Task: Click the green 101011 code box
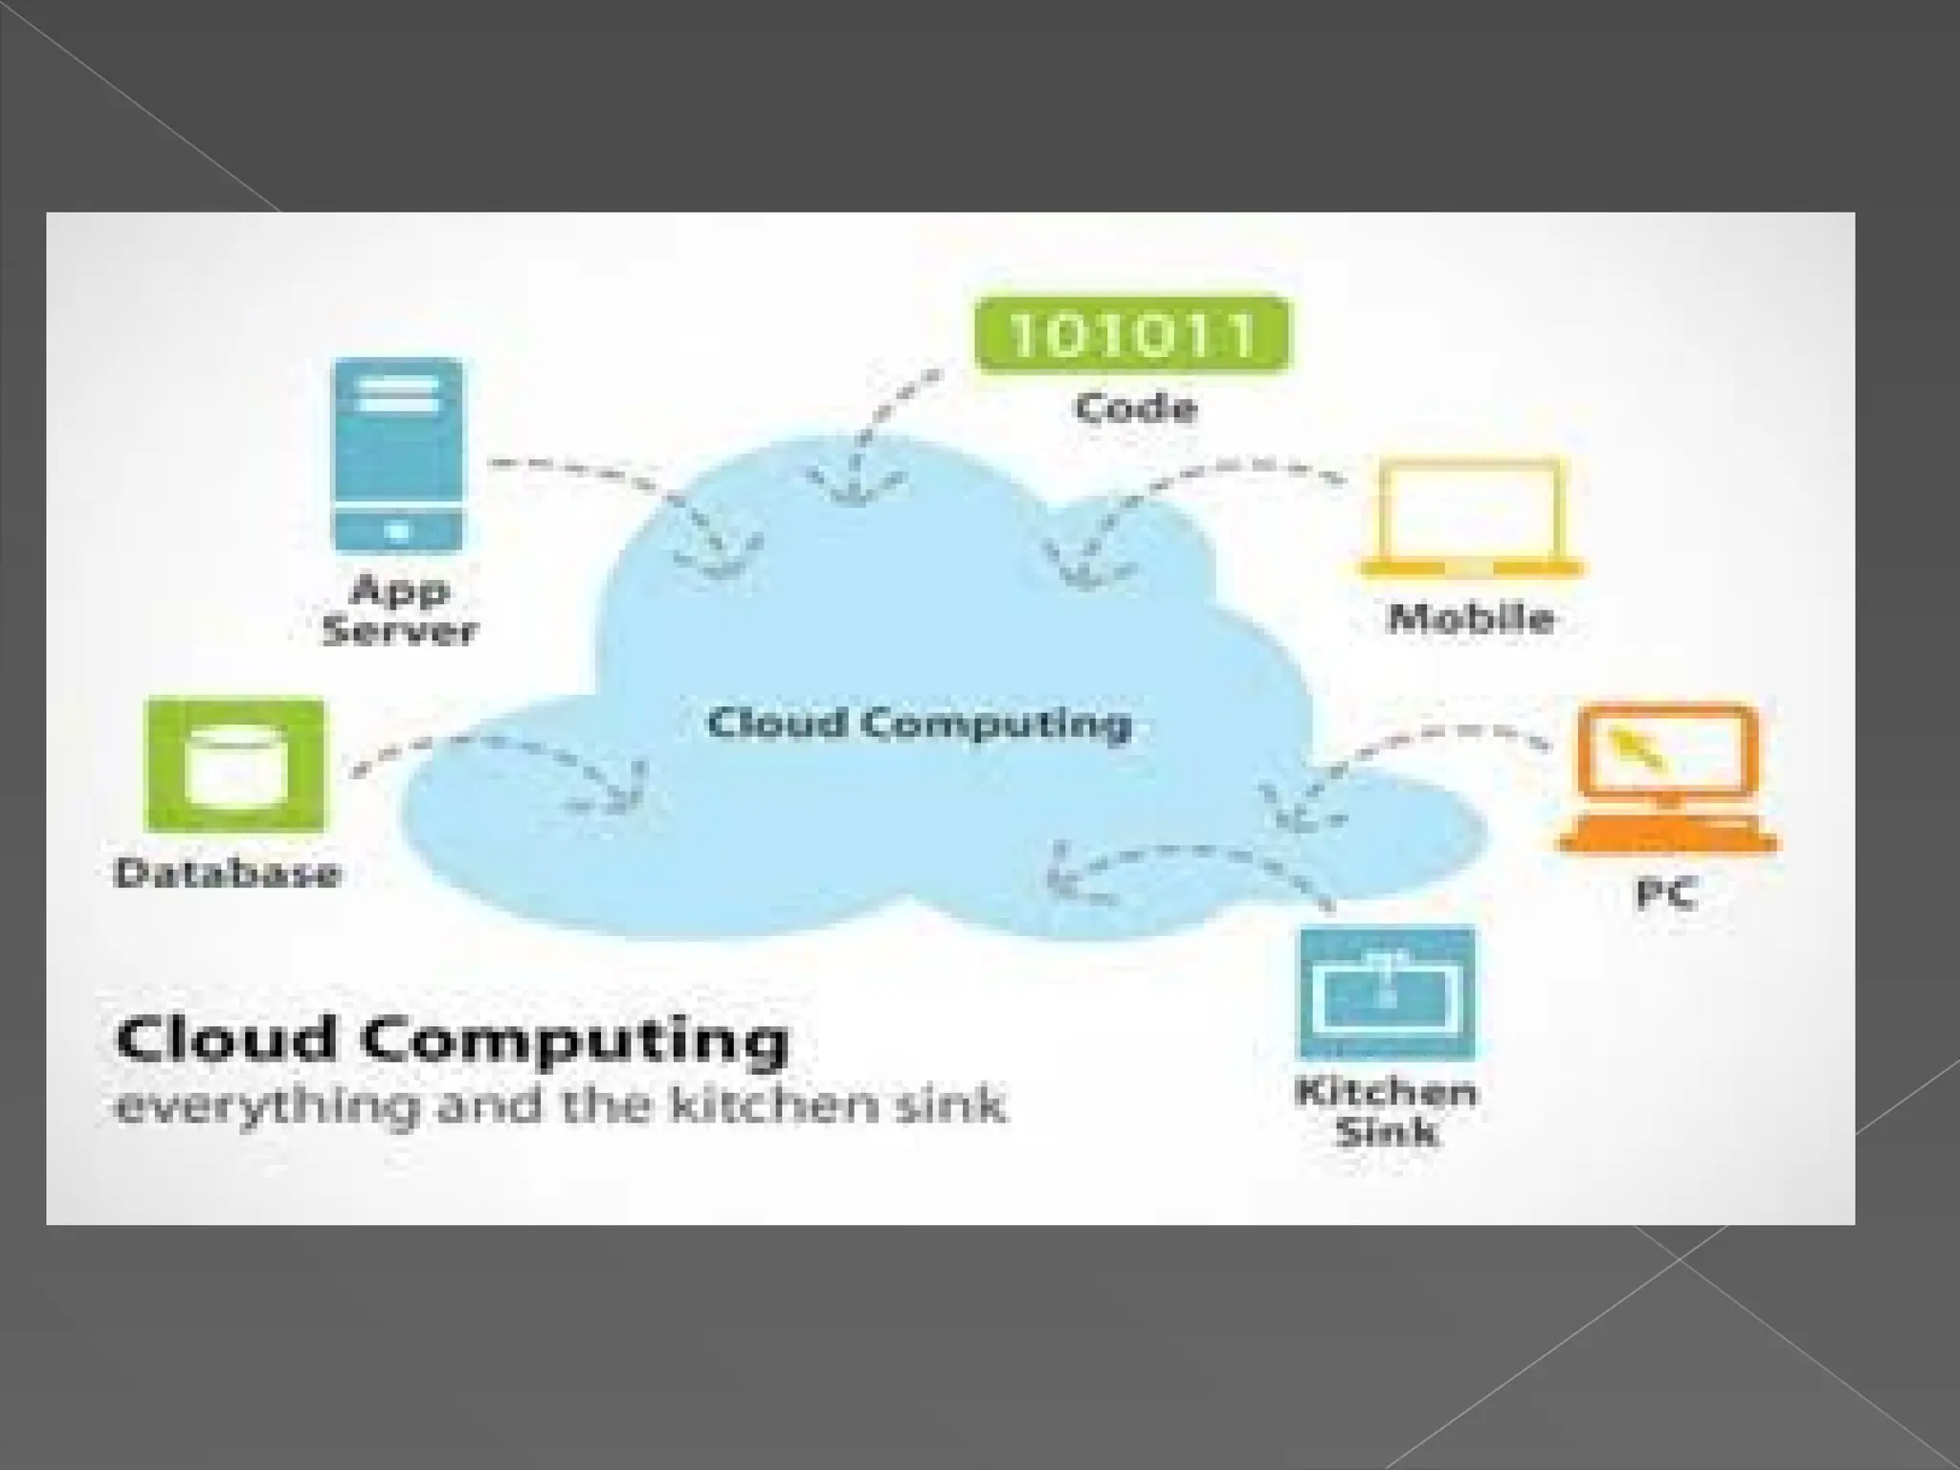click(1131, 334)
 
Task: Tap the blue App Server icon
click(397, 455)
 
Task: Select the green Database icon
click(234, 766)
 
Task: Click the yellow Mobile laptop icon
click(1471, 518)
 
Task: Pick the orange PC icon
click(1667, 778)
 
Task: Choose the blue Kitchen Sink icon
click(1386, 994)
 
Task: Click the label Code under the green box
click(1136, 409)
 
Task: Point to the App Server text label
click(399, 610)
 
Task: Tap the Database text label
click(227, 873)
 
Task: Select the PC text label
click(1666, 894)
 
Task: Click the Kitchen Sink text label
click(1386, 1111)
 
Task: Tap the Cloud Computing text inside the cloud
click(919, 723)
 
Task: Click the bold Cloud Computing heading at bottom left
click(452, 1040)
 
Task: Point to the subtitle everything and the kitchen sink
click(560, 1106)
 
